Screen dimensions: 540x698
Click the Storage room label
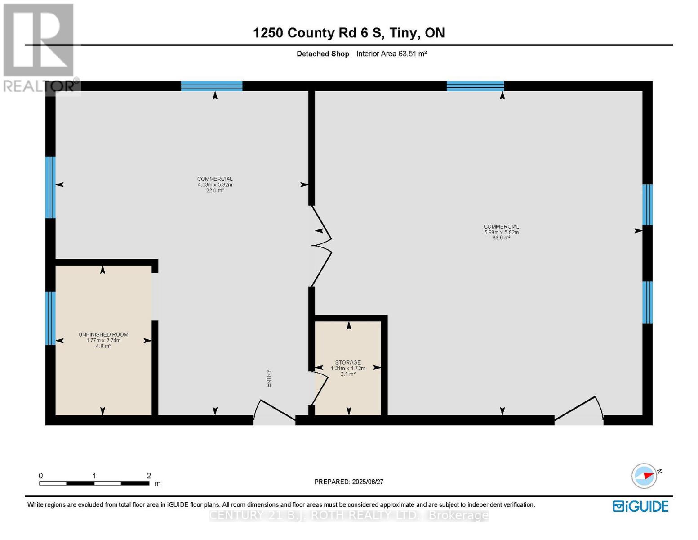coord(348,362)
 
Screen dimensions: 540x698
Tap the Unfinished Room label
coord(103,334)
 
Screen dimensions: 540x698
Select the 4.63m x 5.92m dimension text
coord(215,184)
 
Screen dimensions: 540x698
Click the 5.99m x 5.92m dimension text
coord(501,232)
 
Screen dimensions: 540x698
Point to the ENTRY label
coord(269,378)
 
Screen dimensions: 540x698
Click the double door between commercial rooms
coord(322,246)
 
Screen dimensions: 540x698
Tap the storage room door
coord(320,387)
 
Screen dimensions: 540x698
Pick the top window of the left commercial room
coord(212,86)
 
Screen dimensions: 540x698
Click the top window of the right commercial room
coord(475,86)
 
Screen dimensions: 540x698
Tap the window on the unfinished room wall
coord(50,318)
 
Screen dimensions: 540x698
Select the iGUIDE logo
coord(640,506)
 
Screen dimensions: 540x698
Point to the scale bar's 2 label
coord(149,476)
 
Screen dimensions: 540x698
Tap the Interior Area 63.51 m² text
coord(391,54)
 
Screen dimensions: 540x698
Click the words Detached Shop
coord(323,54)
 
